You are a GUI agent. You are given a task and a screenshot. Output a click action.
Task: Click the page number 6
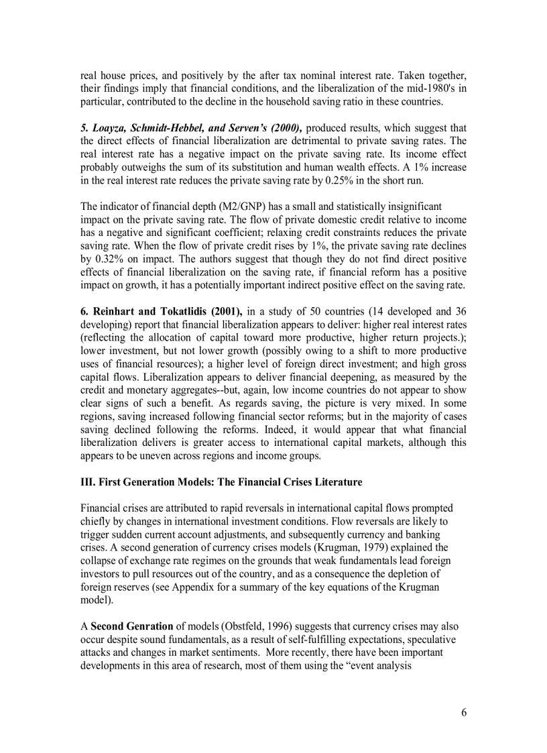point(463,712)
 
